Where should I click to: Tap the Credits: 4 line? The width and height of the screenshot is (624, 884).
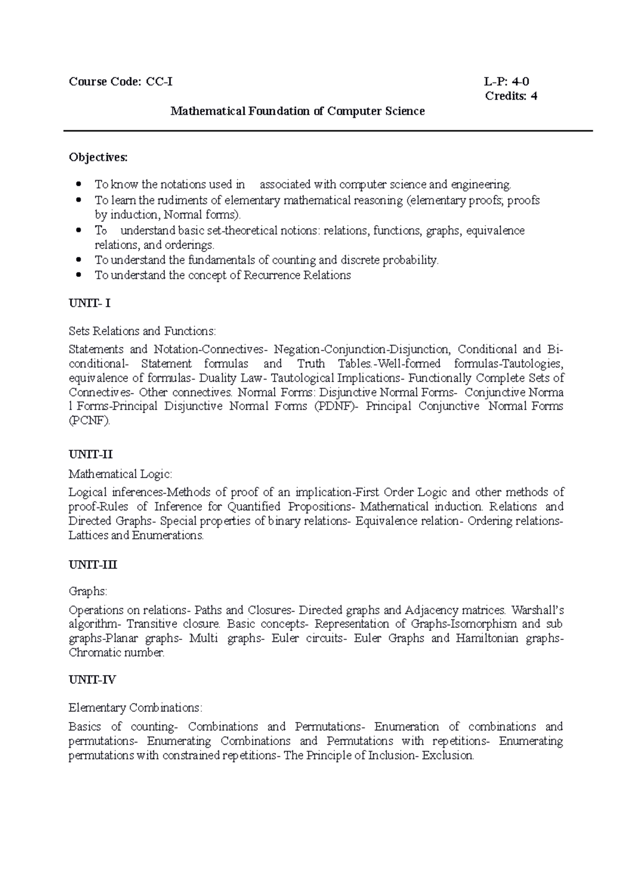click(x=511, y=96)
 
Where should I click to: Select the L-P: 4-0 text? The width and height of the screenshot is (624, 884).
click(x=506, y=81)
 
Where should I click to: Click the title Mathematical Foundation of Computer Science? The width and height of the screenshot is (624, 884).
click(x=298, y=111)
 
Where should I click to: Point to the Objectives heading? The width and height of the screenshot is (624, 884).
click(x=98, y=157)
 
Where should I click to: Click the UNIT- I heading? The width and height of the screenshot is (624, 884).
click(x=89, y=303)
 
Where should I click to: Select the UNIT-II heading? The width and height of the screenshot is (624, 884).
click(x=90, y=454)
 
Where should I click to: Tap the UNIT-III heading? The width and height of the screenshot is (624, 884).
click(x=93, y=565)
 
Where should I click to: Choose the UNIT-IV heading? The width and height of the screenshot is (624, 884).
click(x=92, y=679)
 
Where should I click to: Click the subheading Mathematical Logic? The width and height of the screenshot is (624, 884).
click(x=120, y=474)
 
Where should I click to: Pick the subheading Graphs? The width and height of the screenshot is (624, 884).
click(x=88, y=591)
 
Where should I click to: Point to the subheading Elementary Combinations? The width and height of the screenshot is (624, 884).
click(x=135, y=708)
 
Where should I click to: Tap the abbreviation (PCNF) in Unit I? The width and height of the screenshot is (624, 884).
click(x=89, y=421)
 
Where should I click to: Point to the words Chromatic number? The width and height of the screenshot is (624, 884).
click(x=116, y=653)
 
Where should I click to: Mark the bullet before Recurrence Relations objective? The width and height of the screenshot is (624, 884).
click(x=79, y=275)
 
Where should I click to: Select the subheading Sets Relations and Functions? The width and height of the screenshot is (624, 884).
click(x=142, y=331)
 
